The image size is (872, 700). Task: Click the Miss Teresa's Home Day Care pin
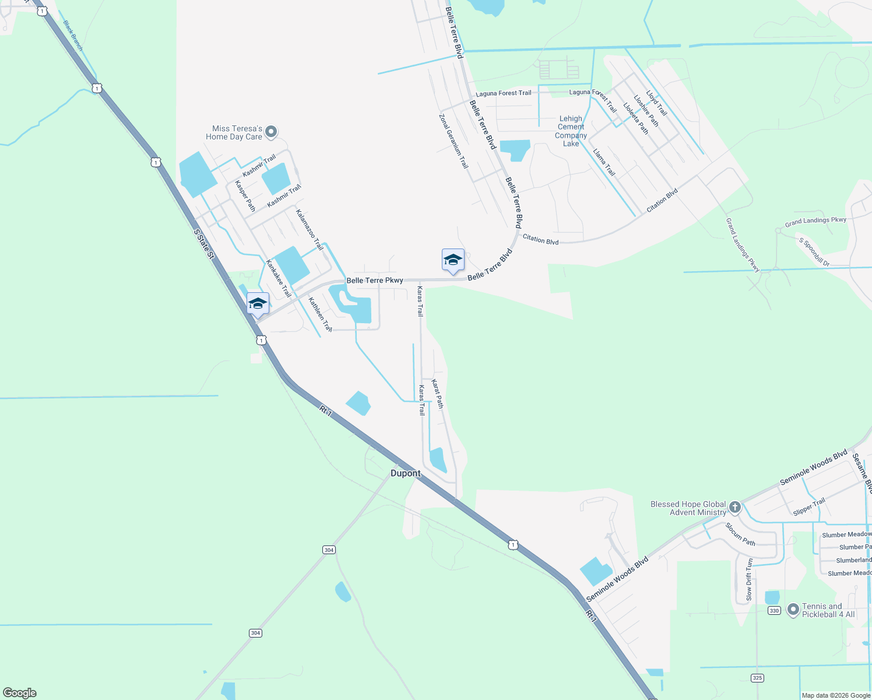pyautogui.click(x=271, y=132)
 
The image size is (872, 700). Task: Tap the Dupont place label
pyautogui.click(x=405, y=473)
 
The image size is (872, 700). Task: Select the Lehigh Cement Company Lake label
pyautogui.click(x=571, y=131)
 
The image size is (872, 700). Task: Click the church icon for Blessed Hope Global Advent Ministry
pyautogui.click(x=734, y=507)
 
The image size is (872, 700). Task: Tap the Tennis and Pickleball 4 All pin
pyautogui.click(x=793, y=610)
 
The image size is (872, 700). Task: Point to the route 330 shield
pyautogui.click(x=774, y=610)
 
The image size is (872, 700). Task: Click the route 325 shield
pyautogui.click(x=757, y=678)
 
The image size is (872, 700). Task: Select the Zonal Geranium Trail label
pyautogui.click(x=453, y=141)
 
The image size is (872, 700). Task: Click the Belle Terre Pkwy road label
pyautogui.click(x=375, y=281)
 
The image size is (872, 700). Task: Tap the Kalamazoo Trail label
pyautogui.click(x=310, y=230)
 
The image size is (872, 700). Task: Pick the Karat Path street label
pyautogui.click(x=437, y=394)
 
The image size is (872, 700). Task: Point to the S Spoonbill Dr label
pyautogui.click(x=814, y=252)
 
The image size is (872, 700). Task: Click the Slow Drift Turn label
pyautogui.click(x=749, y=579)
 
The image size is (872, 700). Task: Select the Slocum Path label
pyautogui.click(x=740, y=534)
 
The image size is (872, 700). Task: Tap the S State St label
pyautogui.click(x=205, y=244)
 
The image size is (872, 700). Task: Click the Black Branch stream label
pyautogui.click(x=73, y=35)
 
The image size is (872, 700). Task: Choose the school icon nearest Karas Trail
pyautogui.click(x=453, y=260)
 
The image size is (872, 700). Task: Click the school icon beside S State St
pyautogui.click(x=258, y=304)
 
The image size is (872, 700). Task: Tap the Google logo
pyautogui.click(x=20, y=692)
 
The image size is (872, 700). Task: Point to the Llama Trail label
pyautogui.click(x=604, y=162)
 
